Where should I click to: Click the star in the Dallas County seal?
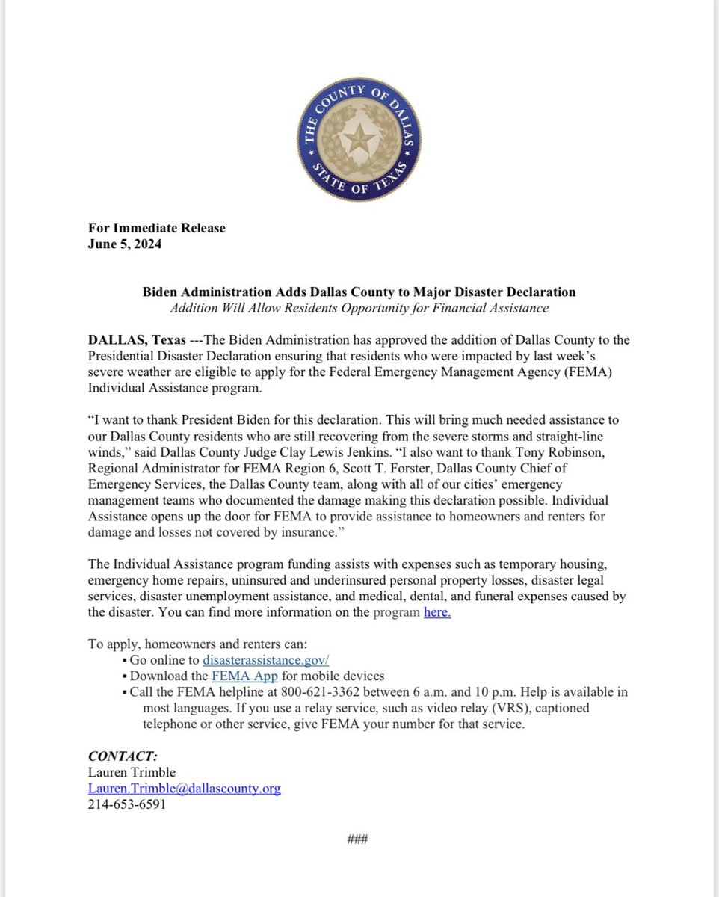click(358, 141)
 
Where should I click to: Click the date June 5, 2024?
click(125, 244)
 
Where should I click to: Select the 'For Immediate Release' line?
click(156, 228)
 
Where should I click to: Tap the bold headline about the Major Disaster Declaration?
click(359, 292)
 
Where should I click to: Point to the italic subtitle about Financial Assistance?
click(359, 308)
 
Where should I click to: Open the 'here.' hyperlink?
click(437, 613)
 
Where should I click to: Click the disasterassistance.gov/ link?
click(265, 660)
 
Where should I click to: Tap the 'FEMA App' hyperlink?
click(244, 676)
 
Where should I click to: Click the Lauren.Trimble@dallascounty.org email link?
click(184, 789)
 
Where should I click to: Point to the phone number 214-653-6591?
click(126, 804)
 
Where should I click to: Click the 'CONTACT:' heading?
click(123, 756)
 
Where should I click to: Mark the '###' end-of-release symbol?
click(358, 839)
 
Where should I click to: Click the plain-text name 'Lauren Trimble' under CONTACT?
click(132, 772)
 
